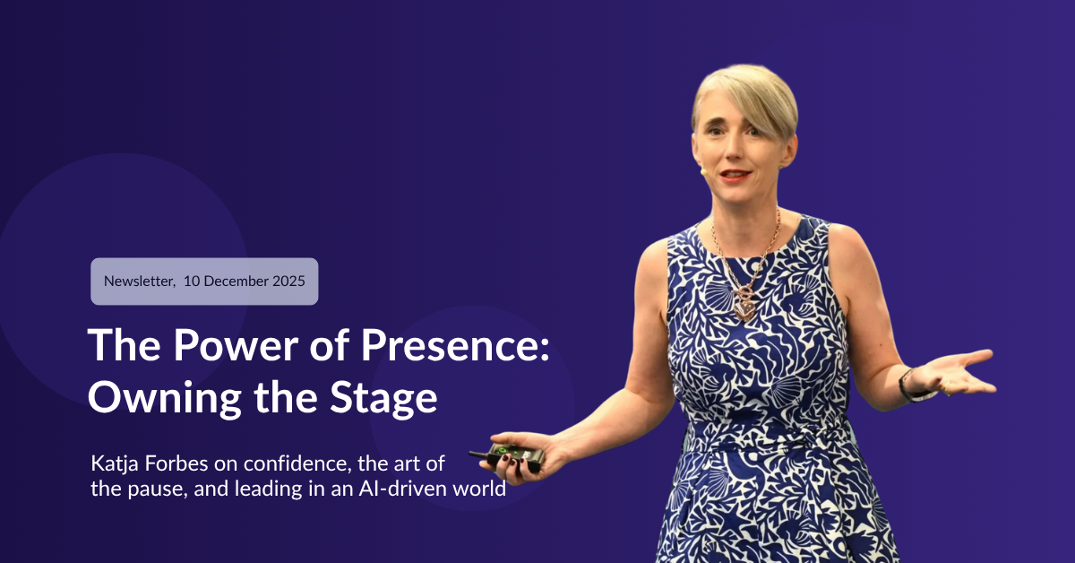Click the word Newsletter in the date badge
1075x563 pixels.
tap(140, 281)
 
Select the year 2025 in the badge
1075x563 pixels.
tap(286, 281)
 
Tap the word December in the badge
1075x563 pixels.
tap(233, 281)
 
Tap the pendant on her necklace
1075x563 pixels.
tap(744, 307)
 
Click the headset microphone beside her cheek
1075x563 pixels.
tap(705, 168)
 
